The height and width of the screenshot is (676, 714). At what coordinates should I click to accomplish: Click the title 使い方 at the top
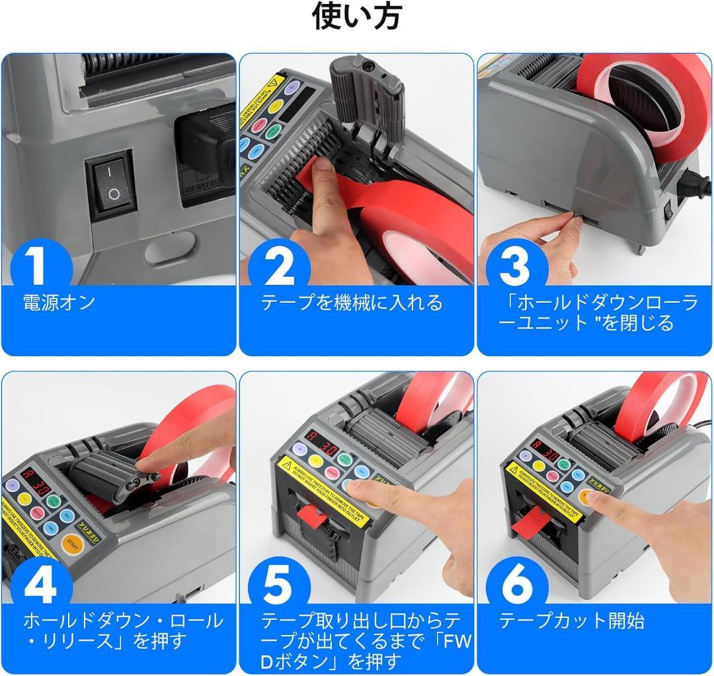356,16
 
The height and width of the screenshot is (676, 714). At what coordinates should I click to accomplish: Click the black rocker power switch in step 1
110,184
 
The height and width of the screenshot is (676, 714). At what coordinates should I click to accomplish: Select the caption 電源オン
59,303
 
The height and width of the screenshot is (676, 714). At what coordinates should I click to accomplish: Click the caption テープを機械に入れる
352,303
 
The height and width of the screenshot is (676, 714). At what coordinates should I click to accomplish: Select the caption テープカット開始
571,621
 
